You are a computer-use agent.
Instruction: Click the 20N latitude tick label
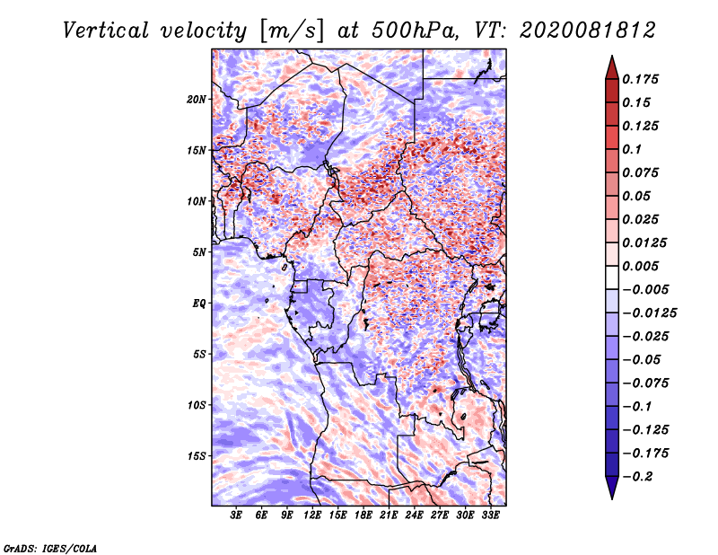click(x=197, y=100)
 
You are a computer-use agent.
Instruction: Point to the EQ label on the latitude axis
click(x=198, y=304)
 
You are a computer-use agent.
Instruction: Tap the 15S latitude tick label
click(x=197, y=456)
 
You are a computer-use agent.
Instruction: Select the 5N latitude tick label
click(x=199, y=252)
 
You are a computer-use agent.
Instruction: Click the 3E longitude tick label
click(x=236, y=515)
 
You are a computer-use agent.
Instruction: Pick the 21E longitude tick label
click(x=389, y=515)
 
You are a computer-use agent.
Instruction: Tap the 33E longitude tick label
click(x=490, y=515)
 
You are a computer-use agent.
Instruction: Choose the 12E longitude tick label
click(x=312, y=515)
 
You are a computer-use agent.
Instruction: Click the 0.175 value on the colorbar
click(x=640, y=79)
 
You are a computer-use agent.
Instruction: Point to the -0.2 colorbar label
click(x=637, y=477)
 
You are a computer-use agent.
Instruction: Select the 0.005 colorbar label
click(x=640, y=266)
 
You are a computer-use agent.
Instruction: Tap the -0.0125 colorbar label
click(x=649, y=313)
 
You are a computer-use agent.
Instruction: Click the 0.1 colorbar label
click(x=632, y=149)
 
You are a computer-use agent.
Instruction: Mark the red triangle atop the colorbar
click(x=612, y=67)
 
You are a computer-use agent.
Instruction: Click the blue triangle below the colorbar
click(x=612, y=488)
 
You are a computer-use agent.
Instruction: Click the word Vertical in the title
click(x=106, y=31)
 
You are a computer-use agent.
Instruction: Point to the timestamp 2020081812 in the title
click(x=588, y=31)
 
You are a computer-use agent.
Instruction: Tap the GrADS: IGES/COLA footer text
click(x=50, y=548)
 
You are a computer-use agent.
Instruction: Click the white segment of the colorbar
click(x=612, y=277)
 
